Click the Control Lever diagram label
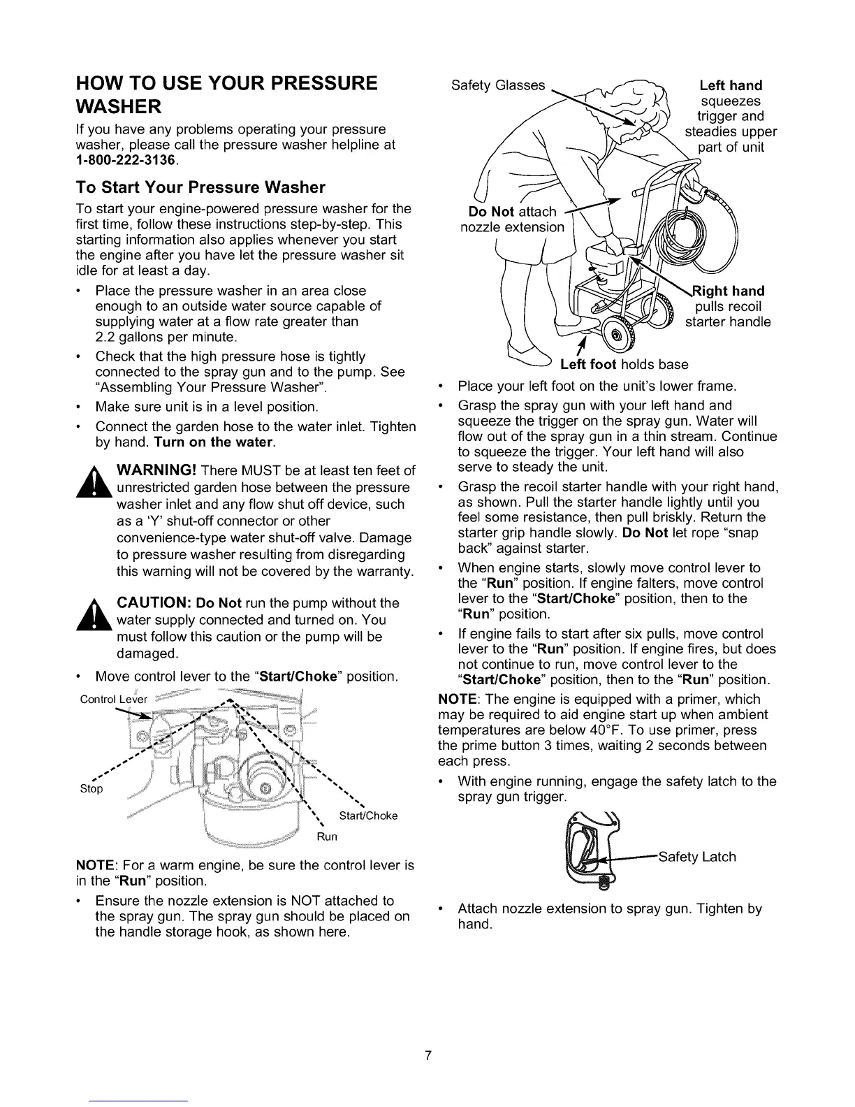click(113, 700)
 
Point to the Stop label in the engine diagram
click(91, 789)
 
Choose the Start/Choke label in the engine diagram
click(369, 816)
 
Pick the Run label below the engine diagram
click(327, 837)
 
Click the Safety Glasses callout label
click(497, 85)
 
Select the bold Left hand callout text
click(731, 85)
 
